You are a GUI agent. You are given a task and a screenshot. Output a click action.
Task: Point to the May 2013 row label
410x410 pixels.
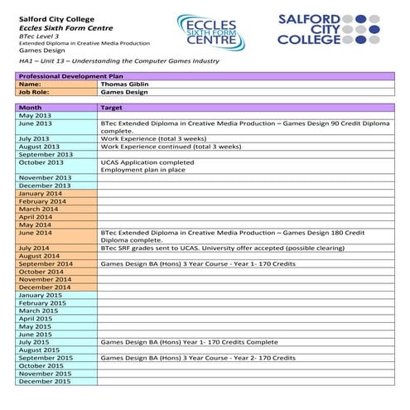point(35,116)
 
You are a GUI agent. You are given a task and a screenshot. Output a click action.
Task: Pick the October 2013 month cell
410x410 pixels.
point(41,162)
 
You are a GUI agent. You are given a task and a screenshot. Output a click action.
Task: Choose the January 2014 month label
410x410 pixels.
point(41,193)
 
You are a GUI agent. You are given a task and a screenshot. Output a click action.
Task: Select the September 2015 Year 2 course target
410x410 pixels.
point(198,357)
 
